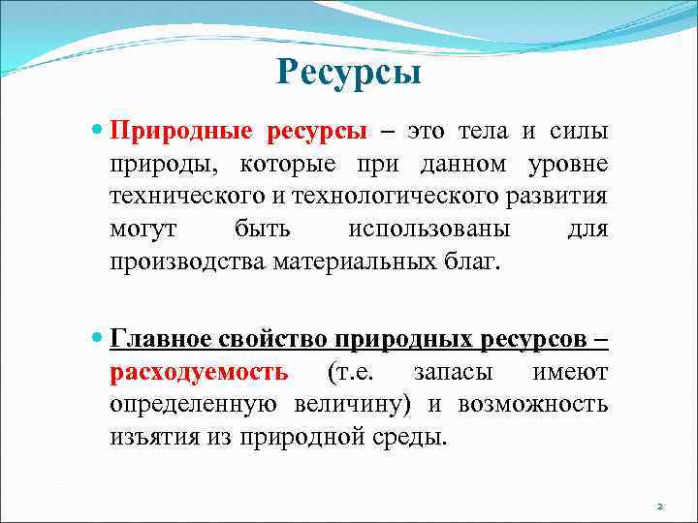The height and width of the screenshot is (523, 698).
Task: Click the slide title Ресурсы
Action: click(348, 72)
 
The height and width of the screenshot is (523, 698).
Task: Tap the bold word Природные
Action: click(182, 131)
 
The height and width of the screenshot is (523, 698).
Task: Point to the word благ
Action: click(472, 262)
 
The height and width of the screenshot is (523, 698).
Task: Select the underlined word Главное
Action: click(160, 340)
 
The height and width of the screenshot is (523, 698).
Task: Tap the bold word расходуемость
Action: click(199, 373)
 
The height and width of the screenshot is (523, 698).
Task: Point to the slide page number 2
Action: click(660, 506)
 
